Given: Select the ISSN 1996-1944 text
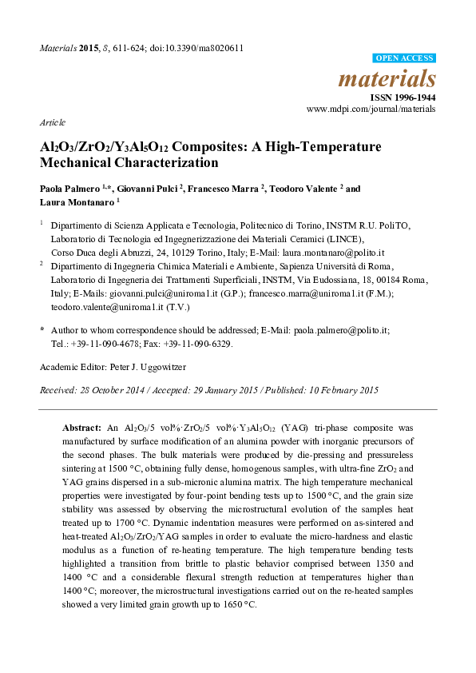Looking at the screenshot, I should [x=403, y=96].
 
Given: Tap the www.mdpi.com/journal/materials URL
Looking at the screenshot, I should [x=371, y=108].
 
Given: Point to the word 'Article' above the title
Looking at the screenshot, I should [x=52, y=123].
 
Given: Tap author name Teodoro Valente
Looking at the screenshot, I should [x=298, y=189].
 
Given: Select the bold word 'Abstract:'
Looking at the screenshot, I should [x=81, y=428].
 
